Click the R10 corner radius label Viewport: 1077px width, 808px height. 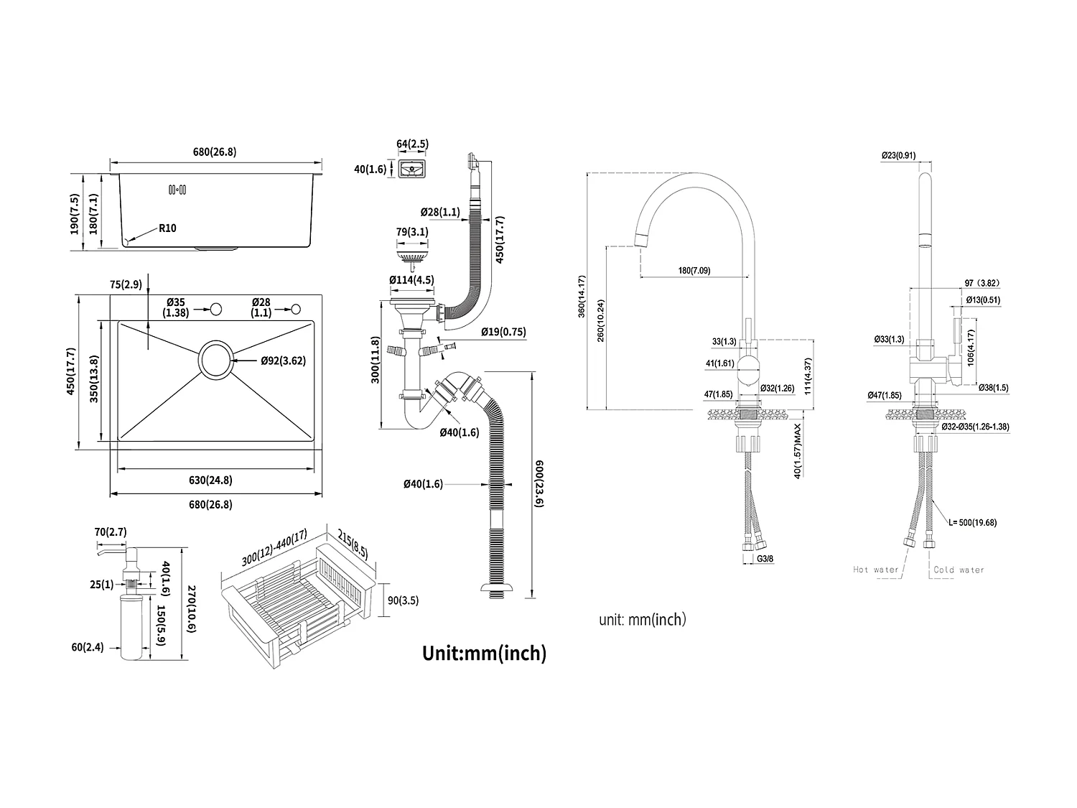(167, 228)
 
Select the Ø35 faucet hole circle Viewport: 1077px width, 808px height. (214, 309)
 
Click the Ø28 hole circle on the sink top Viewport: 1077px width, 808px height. (295, 309)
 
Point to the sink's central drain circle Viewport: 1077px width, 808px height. (216, 361)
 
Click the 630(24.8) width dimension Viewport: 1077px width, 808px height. (210, 479)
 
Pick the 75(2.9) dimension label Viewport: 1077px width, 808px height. (126, 284)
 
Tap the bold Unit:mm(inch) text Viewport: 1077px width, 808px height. (484, 653)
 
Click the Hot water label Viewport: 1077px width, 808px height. (875, 570)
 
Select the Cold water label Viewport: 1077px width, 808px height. (959, 570)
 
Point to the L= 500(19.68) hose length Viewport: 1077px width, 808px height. (972, 523)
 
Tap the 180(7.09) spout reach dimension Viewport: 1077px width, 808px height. (694, 271)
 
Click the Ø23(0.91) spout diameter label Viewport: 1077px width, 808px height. (898, 155)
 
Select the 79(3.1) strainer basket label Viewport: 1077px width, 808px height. (411, 232)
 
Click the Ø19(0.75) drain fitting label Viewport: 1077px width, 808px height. (503, 332)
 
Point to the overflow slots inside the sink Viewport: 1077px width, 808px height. (177, 190)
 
